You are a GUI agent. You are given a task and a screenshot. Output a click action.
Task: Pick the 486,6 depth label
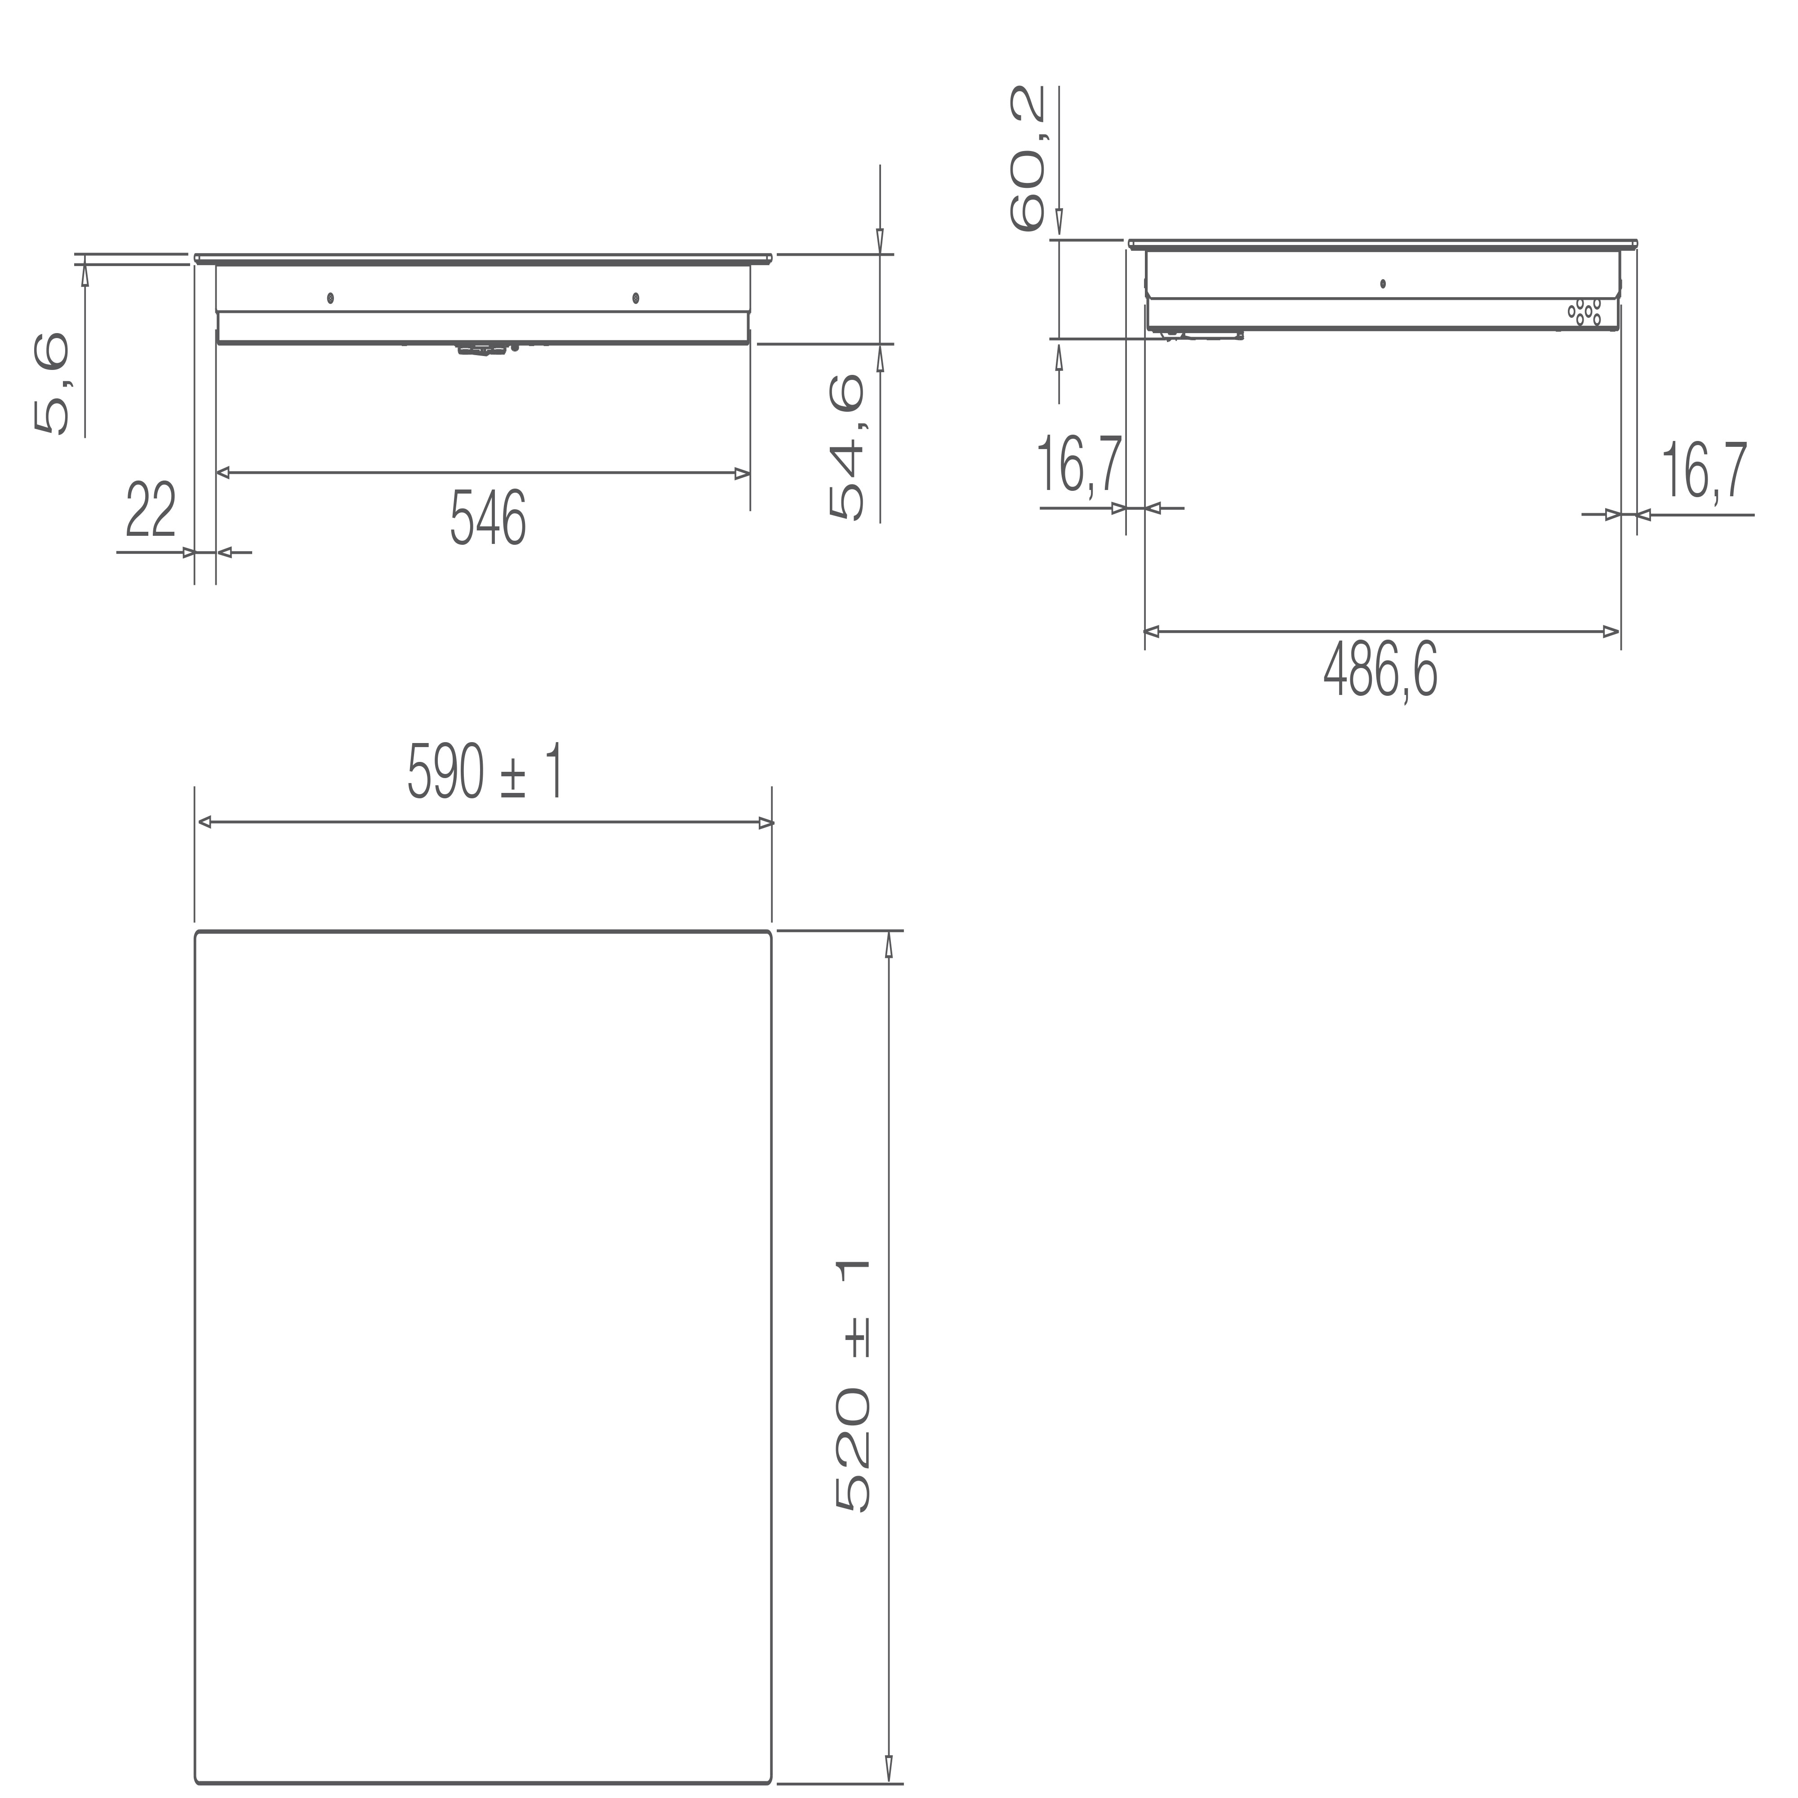[1380, 671]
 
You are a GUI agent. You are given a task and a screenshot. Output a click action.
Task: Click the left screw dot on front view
[330, 298]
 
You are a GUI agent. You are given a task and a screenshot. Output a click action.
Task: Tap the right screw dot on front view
[636, 298]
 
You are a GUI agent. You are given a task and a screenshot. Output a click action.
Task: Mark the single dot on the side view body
[1383, 283]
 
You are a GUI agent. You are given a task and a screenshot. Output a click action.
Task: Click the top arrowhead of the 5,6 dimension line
[85, 272]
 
